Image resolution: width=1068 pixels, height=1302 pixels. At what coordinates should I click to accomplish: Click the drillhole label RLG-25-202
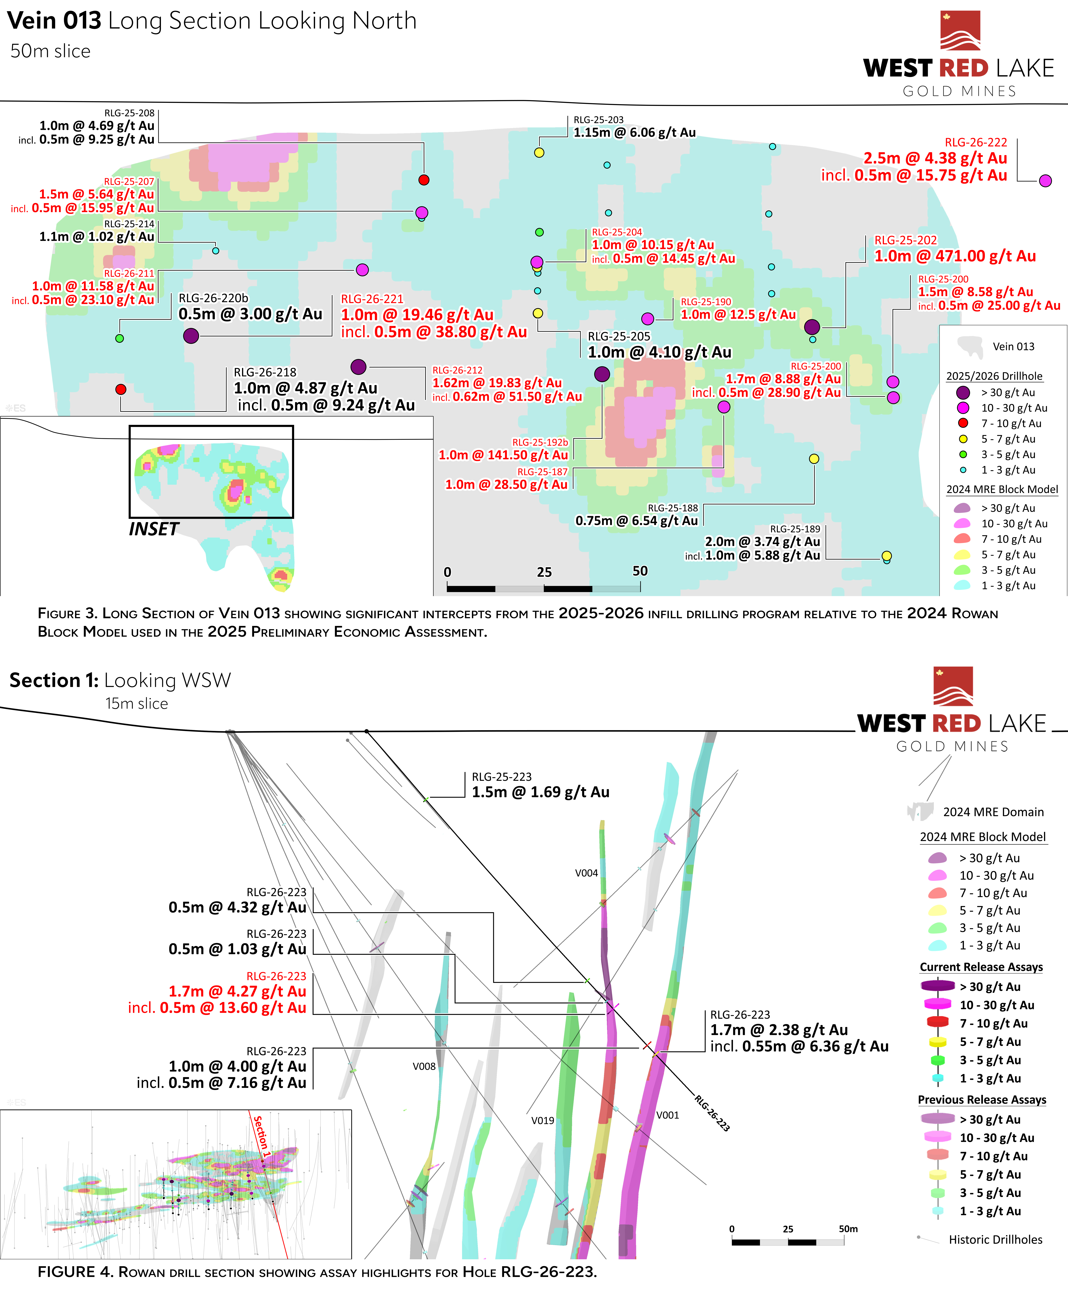click(x=906, y=240)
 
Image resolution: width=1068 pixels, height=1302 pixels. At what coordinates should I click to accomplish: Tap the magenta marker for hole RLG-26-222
click(x=1045, y=181)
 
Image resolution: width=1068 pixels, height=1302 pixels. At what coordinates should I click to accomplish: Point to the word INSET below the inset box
click(x=154, y=529)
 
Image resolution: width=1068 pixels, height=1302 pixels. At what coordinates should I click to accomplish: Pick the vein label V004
click(x=586, y=873)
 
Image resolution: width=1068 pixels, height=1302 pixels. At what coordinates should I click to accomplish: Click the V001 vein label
click(x=667, y=1115)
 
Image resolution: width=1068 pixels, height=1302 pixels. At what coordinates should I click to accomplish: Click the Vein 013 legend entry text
click(x=1013, y=346)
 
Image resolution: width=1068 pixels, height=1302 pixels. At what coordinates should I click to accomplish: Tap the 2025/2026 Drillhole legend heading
click(x=994, y=376)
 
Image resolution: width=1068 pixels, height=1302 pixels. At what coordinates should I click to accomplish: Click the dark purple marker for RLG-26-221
click(x=191, y=335)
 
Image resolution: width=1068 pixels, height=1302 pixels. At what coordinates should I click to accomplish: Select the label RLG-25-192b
click(x=540, y=442)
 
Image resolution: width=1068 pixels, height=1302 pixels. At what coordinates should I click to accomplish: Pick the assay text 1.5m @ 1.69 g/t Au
click(x=540, y=792)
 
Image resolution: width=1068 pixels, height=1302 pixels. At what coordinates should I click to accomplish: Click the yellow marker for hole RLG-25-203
click(x=539, y=153)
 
